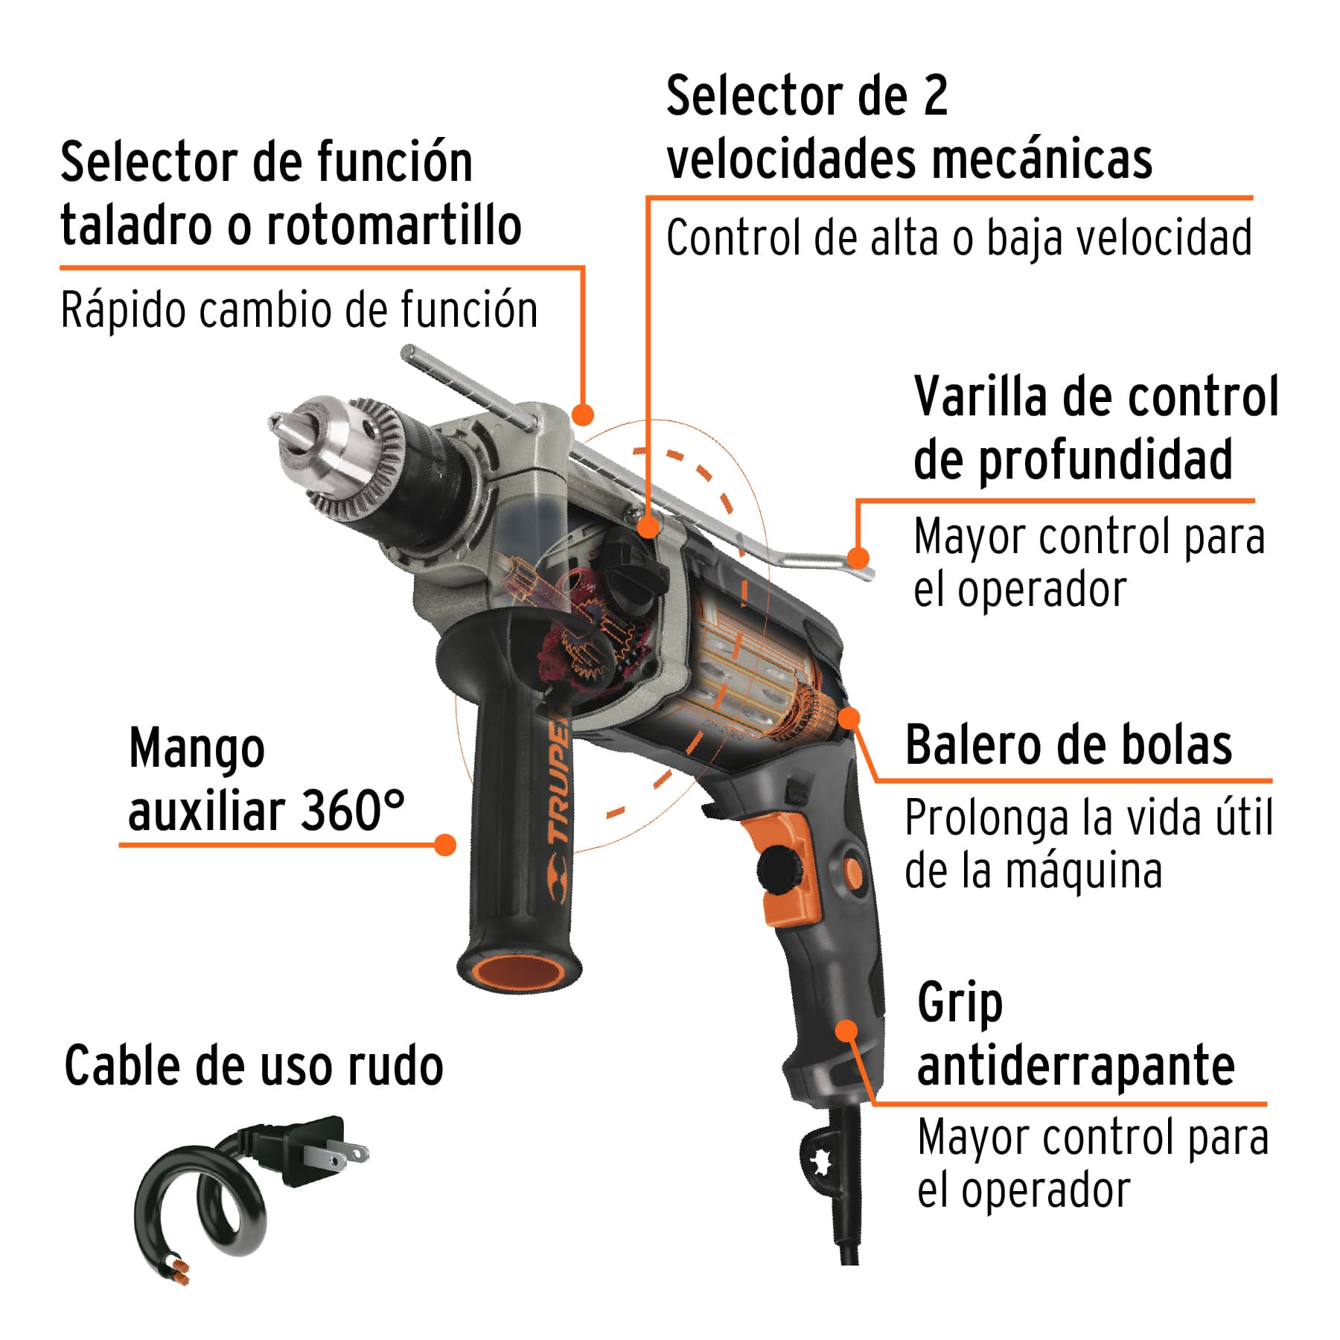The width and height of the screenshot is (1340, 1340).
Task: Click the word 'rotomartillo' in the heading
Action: [x=394, y=226]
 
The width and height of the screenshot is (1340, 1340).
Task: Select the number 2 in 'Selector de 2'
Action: [x=935, y=96]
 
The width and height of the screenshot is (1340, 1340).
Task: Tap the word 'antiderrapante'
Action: [x=1075, y=1066]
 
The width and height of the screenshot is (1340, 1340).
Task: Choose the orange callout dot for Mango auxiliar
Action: [x=444, y=844]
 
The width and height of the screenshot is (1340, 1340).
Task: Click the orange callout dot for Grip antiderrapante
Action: [x=846, y=1031]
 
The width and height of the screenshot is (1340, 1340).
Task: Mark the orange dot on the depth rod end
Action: [x=858, y=558]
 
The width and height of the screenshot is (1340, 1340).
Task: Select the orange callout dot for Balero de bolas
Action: [x=849, y=718]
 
